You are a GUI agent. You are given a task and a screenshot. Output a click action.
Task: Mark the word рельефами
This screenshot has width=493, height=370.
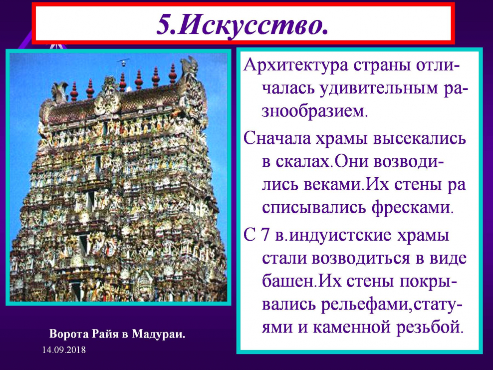pyautogui.click(x=366, y=305)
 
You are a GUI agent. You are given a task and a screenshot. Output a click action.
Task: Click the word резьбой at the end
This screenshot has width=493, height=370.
pyautogui.click(x=430, y=327)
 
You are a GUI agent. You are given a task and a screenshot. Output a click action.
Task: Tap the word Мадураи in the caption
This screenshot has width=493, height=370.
pyautogui.click(x=159, y=334)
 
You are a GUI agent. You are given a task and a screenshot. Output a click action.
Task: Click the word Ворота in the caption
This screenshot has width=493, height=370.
pyautogui.click(x=68, y=334)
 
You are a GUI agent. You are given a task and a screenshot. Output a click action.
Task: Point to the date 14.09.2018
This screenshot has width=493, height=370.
pyautogui.click(x=64, y=350)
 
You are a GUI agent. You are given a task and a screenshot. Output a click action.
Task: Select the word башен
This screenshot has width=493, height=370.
pyautogui.click(x=288, y=281)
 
